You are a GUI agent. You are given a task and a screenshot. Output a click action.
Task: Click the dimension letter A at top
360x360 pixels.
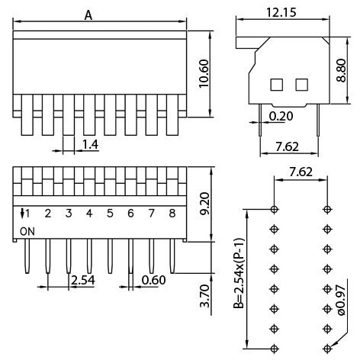[88, 14]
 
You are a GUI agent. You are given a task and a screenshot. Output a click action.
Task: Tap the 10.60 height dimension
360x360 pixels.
[202, 74]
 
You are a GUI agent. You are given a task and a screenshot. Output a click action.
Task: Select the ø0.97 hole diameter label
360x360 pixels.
[341, 301]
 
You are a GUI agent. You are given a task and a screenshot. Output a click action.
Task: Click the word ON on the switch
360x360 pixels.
[27, 230]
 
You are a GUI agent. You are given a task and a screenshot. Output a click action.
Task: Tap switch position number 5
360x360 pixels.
[109, 214]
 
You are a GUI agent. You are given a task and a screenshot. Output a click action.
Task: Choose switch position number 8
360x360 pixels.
[172, 214]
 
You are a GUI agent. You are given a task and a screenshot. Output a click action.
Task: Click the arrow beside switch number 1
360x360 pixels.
[24, 213]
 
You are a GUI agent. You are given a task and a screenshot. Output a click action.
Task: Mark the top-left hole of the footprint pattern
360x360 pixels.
[275, 208]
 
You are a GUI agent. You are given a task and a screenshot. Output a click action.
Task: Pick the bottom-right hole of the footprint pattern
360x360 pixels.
[327, 347]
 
